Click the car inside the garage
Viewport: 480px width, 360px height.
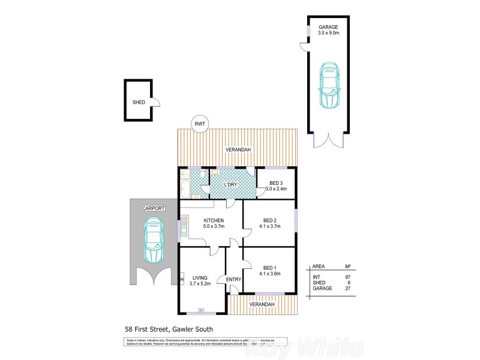pyautogui.click(x=328, y=86)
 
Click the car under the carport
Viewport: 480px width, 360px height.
pyautogui.click(x=154, y=240)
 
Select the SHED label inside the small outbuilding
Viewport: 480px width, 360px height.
pyautogui.click(x=139, y=103)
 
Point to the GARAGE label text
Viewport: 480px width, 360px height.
pyautogui.click(x=328, y=28)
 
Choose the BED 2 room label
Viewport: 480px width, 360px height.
pyautogui.click(x=269, y=220)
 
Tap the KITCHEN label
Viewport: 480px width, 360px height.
pyautogui.click(x=214, y=220)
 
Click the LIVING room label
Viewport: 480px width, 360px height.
pyautogui.click(x=200, y=277)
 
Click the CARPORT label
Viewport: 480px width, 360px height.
pyautogui.click(x=153, y=208)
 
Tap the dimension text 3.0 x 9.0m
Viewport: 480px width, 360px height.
pyautogui.click(x=328, y=34)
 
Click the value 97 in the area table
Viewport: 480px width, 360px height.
pyautogui.click(x=347, y=276)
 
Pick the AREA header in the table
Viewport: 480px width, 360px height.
pyautogui.click(x=319, y=266)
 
